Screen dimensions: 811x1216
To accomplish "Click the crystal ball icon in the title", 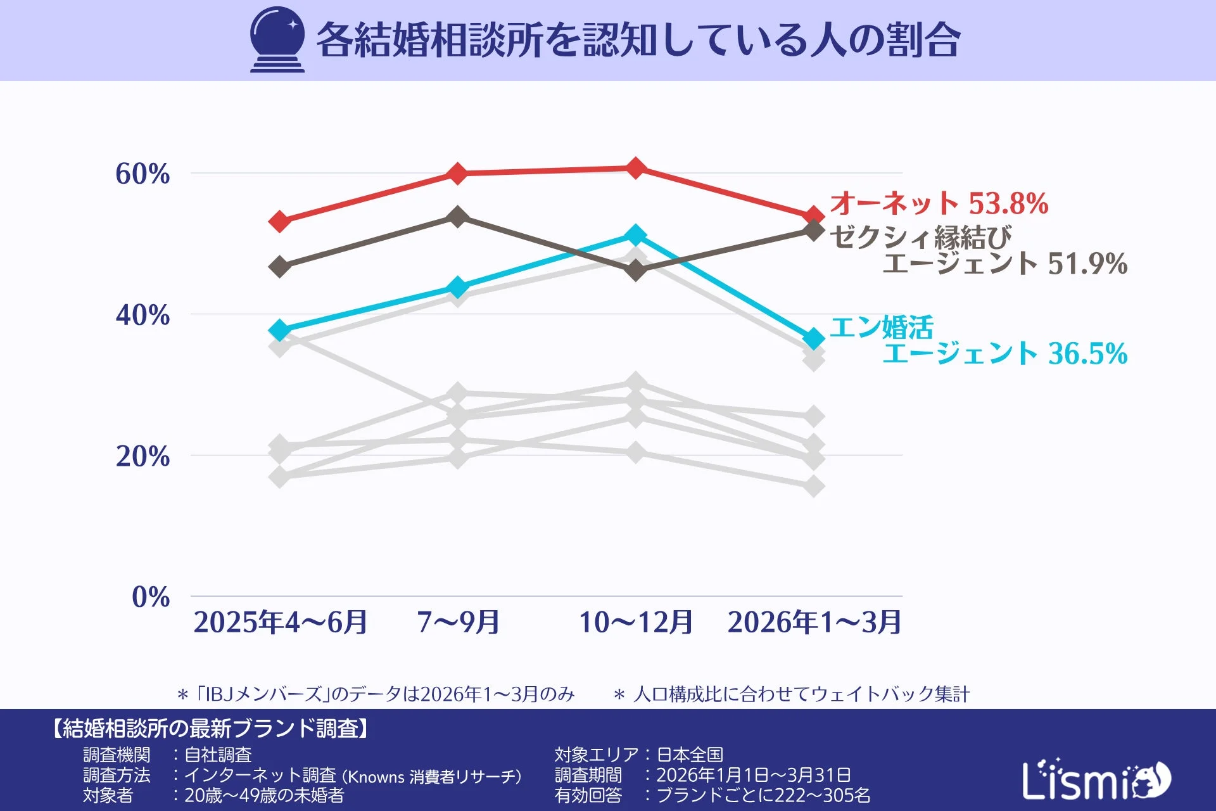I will tap(277, 39).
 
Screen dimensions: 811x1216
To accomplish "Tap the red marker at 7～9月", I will tap(457, 173).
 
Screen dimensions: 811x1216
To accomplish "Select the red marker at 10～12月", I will tap(636, 168).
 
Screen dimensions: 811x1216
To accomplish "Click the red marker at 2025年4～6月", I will tap(280, 221).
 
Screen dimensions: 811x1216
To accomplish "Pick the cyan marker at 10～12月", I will tap(636, 235).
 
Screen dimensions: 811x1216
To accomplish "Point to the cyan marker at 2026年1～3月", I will tap(814, 339).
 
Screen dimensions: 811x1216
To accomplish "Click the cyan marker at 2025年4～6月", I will tap(280, 330).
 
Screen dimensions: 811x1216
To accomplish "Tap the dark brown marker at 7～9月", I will tap(457, 217).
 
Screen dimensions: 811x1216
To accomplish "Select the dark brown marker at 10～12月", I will tap(636, 271).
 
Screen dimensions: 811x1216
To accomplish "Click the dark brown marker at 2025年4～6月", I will tap(280, 266).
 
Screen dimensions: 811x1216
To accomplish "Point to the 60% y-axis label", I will tap(142, 174).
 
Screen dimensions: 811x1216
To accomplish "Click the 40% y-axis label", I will tap(142, 315).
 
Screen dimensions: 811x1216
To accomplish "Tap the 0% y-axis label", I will tap(151, 597).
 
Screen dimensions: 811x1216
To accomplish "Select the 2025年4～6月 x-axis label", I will tap(281, 622).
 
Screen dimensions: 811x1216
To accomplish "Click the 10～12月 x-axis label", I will tap(636, 622).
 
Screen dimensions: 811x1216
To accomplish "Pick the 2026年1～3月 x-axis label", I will tap(814, 622).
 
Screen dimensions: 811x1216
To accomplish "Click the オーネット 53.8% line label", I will tap(939, 203).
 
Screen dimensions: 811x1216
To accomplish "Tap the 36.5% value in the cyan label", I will tap(1087, 354).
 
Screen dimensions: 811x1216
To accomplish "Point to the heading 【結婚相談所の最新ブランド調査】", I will tap(210, 729).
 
